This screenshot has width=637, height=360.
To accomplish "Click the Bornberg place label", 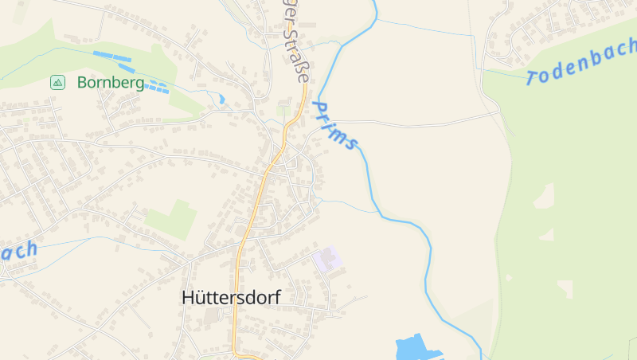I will click(111, 82).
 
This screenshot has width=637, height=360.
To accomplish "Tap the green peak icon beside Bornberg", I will click(57, 82).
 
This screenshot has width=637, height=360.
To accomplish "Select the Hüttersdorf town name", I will click(231, 297).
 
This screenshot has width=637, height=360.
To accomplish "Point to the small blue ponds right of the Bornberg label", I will click(158, 87).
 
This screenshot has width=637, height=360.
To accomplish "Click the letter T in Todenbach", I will click(533, 77).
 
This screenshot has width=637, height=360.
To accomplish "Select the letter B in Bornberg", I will click(82, 82).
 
